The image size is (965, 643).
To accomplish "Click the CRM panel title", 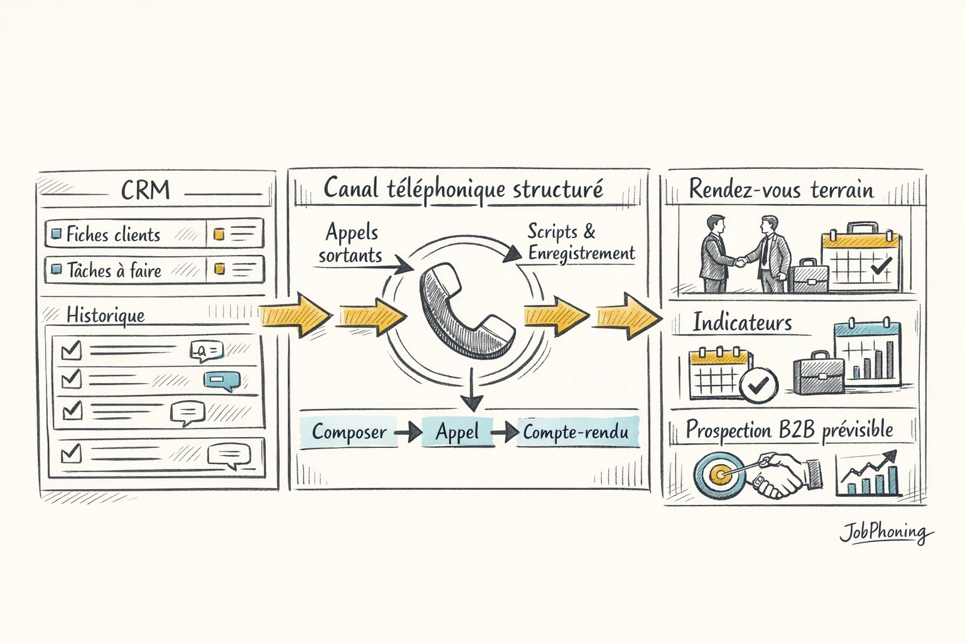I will tap(145, 190).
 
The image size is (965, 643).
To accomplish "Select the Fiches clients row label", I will tap(113, 235).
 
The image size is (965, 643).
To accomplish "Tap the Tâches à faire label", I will tap(114, 271).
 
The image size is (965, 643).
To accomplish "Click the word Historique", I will tap(106, 315).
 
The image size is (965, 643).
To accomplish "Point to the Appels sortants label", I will tap(351, 244).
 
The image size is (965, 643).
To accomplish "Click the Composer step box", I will tap(349, 432).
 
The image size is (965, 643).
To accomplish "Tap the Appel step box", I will tap(457, 432).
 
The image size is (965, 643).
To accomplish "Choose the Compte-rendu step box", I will tap(575, 432).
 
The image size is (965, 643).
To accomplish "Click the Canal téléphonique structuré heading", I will tap(463, 189).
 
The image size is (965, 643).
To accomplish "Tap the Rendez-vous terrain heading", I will tap(781, 190).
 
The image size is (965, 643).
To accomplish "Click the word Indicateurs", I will tap(742, 323).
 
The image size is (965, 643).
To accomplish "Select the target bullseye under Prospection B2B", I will tap(719, 474).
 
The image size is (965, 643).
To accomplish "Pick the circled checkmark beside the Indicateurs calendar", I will tap(758, 385).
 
